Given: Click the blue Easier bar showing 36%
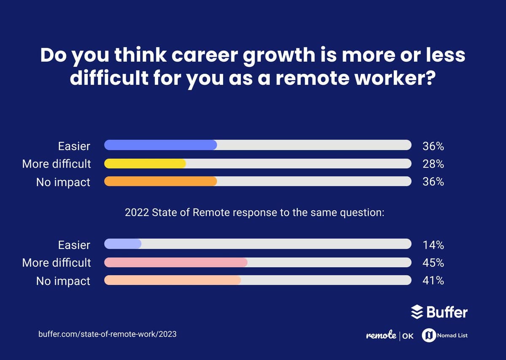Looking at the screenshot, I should coord(160,145).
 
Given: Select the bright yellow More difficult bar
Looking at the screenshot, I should coord(145,164).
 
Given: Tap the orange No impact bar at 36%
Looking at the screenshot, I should coord(160,181).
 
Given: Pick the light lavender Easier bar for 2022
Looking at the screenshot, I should coord(122,244).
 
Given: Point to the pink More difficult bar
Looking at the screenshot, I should coord(175,263).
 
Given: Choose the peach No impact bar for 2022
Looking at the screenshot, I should coord(172,280).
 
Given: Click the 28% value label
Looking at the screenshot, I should coord(433,164).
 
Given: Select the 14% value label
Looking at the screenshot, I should coord(433,245).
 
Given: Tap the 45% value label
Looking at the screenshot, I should coord(433,263).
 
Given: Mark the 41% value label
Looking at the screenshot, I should coord(433,281).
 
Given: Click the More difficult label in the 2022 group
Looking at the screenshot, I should coord(57,263).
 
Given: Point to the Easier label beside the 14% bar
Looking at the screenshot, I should coord(74,245).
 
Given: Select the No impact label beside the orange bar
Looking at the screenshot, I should coord(63,182).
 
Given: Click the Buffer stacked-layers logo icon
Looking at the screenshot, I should coord(417,312).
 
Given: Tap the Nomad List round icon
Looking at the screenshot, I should coord(428,336).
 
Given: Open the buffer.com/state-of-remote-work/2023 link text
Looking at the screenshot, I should coord(107,334).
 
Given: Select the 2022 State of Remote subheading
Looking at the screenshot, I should coord(254,213).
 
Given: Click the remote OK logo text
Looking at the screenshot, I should coord(390,336).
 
